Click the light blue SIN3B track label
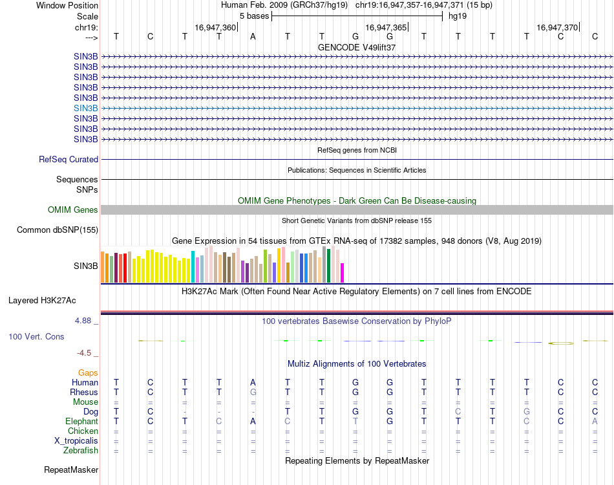tap(86, 108)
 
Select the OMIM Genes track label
tap(72, 210)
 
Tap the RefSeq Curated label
tap(69, 159)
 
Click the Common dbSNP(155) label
tap(58, 230)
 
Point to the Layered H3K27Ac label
tap(42, 300)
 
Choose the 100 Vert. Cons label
tap(36, 337)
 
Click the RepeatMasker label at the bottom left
tap(71, 469)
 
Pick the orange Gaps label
tap(88, 373)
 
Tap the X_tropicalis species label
tap(76, 440)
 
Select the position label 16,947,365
tap(386, 27)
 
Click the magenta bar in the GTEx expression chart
tap(343, 272)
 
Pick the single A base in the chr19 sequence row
tap(253, 36)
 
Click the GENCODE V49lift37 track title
tap(357, 47)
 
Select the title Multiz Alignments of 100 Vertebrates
tap(357, 364)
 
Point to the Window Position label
tap(67, 5)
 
